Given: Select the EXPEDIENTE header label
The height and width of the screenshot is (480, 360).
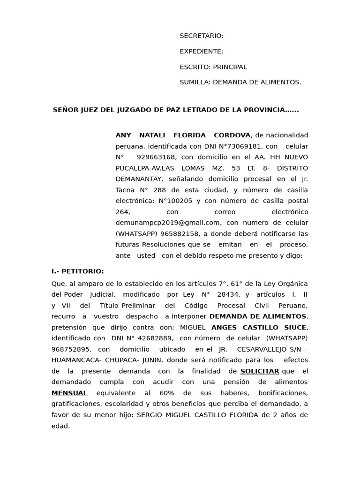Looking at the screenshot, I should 201,52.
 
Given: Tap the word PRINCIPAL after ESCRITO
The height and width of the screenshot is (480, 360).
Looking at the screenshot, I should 230,67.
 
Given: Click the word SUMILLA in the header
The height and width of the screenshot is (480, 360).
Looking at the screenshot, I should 195,82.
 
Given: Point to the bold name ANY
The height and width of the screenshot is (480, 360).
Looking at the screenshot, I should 123,135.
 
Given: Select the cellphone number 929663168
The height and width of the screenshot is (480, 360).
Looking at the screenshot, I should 157,157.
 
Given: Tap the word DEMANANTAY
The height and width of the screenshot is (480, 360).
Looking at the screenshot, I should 139,179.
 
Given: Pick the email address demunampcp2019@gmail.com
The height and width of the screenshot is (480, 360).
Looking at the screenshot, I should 168,223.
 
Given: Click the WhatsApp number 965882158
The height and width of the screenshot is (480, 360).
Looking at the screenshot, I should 181,234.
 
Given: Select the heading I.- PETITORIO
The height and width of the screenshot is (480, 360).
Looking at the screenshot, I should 78,271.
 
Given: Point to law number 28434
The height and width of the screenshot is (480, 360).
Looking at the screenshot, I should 229,295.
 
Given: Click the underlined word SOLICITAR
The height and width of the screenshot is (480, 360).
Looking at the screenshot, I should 260,371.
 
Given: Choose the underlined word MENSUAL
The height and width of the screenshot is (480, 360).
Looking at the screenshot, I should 69,393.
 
